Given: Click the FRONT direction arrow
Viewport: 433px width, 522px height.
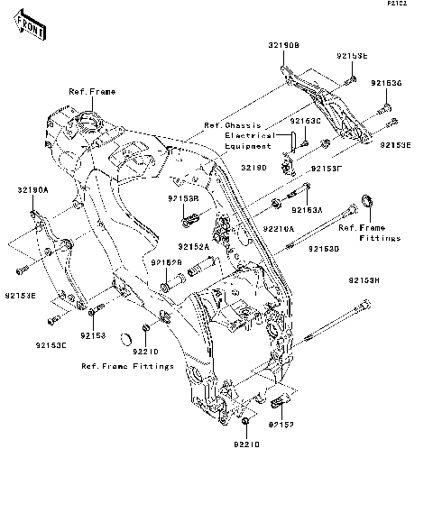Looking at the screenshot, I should click(27, 28).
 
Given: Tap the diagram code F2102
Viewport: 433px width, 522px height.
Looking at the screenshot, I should click(413, 5).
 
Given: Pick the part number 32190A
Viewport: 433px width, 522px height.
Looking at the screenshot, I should click(32, 190).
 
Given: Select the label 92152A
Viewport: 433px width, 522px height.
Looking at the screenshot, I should click(193, 246).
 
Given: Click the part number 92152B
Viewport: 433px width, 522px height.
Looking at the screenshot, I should click(167, 262).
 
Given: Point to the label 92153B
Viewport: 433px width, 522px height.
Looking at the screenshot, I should click(182, 197).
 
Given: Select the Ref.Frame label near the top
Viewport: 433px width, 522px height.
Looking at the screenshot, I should click(90, 92).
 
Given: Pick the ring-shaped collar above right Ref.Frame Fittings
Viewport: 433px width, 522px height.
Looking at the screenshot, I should click(368, 199).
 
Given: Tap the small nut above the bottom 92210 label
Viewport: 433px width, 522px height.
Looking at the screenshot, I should click(245, 422).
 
